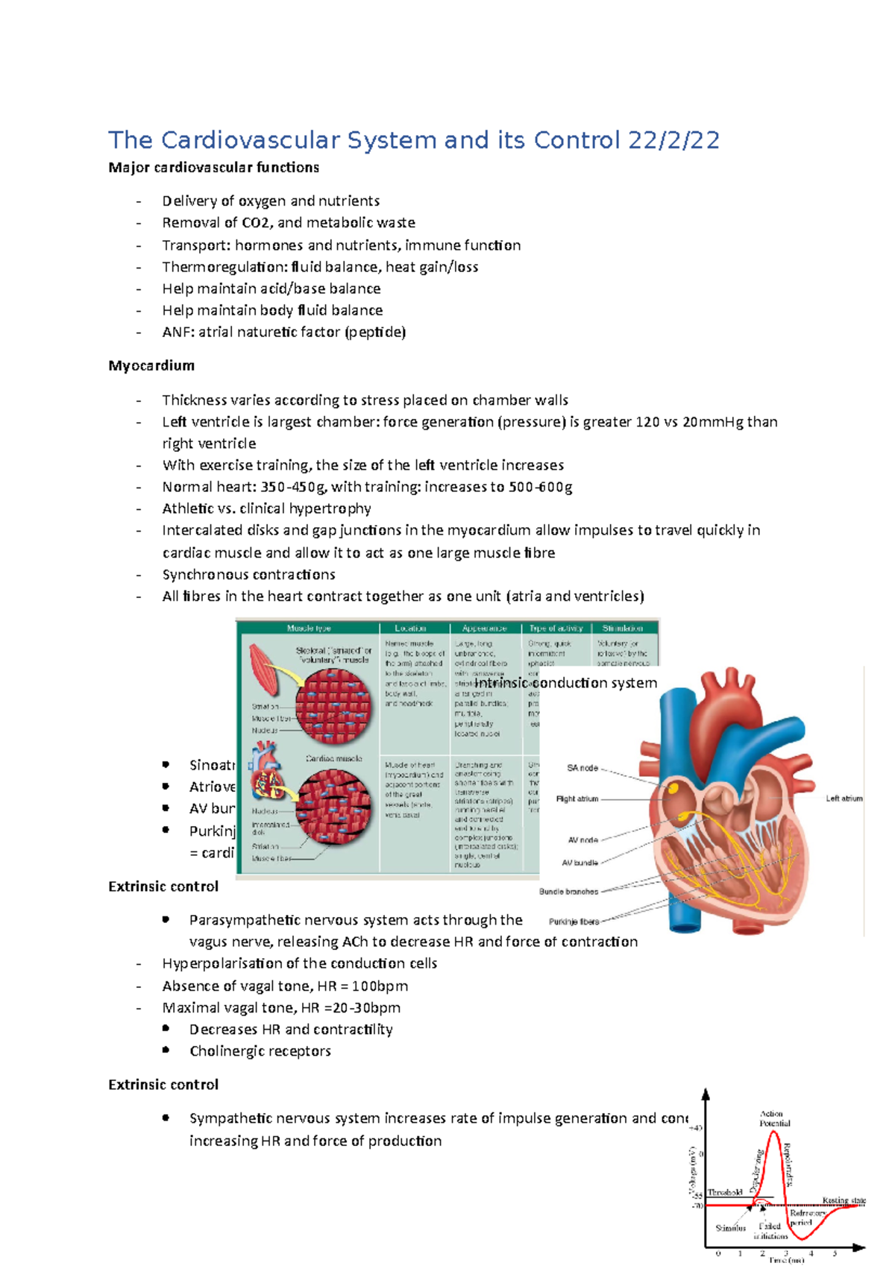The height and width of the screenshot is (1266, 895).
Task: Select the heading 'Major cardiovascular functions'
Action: pyautogui.click(x=213, y=168)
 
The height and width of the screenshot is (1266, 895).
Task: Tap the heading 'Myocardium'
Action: pyautogui.click(x=151, y=365)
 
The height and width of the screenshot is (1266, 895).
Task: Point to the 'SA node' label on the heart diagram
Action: pyautogui.click(x=582, y=768)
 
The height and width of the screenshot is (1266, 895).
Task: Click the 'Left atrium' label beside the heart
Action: pyautogui.click(x=844, y=799)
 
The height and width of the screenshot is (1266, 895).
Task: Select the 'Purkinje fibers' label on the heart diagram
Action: pyautogui.click(x=574, y=922)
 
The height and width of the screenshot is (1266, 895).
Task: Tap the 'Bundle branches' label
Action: pyautogui.click(x=568, y=892)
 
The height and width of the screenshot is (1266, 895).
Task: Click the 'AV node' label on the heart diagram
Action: pyautogui.click(x=582, y=840)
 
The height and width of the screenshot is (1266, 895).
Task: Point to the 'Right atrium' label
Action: pyautogui.click(x=577, y=799)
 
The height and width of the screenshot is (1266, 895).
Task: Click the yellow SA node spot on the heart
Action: pyautogui.click(x=673, y=787)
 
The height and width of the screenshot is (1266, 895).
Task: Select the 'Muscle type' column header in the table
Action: pyautogui.click(x=309, y=629)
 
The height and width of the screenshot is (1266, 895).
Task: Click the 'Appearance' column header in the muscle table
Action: pyautogui.click(x=484, y=629)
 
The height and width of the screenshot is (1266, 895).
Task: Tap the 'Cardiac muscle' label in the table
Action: pyautogui.click(x=333, y=758)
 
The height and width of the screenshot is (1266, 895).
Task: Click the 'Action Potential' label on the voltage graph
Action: pyautogui.click(x=774, y=1118)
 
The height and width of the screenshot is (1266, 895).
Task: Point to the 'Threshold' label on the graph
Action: pyautogui.click(x=724, y=1192)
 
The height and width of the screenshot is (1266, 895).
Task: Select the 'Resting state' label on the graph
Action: pyautogui.click(x=844, y=1200)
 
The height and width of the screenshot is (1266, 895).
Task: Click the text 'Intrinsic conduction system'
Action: pyautogui.click(x=565, y=683)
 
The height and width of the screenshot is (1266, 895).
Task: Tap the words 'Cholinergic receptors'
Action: pyautogui.click(x=260, y=1051)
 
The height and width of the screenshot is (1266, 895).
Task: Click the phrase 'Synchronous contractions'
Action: pyautogui.click(x=248, y=575)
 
